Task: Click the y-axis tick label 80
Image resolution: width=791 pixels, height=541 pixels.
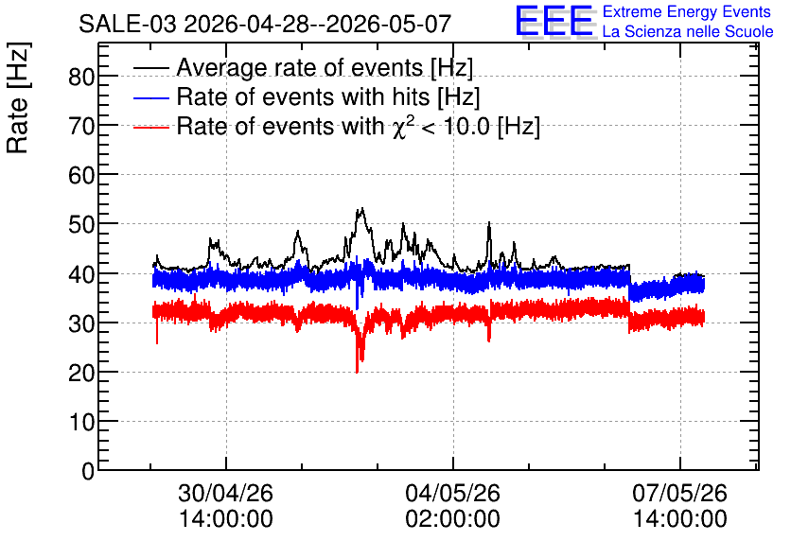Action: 81,78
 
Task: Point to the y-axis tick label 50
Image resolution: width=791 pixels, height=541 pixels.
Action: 81,224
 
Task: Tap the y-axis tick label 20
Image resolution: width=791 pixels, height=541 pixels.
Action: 81,373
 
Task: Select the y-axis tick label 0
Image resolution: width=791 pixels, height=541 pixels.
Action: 88,471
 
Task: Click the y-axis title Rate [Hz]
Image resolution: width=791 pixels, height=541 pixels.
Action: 18,97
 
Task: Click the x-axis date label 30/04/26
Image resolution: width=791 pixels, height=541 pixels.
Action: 225,493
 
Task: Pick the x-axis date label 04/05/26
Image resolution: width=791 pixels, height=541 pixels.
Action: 452,493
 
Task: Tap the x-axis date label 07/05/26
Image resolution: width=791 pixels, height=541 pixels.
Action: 679,493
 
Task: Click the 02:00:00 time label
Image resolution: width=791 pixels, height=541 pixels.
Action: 452,518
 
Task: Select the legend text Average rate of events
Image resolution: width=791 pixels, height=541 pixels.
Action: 300,67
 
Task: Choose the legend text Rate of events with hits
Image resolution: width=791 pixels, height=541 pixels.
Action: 303,96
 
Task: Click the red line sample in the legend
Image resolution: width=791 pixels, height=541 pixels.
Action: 150,127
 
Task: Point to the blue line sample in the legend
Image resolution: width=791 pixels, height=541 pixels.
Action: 150,97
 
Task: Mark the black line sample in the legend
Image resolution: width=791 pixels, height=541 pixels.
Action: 150,68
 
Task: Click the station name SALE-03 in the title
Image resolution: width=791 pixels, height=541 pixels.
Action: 128,24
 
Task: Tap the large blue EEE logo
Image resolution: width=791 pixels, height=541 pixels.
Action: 554,21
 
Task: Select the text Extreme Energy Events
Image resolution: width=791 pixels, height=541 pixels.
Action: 687,11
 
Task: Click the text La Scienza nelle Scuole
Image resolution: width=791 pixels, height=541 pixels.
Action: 688,31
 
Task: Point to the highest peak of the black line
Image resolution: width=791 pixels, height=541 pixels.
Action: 361,208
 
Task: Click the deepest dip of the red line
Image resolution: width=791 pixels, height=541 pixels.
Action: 357,372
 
